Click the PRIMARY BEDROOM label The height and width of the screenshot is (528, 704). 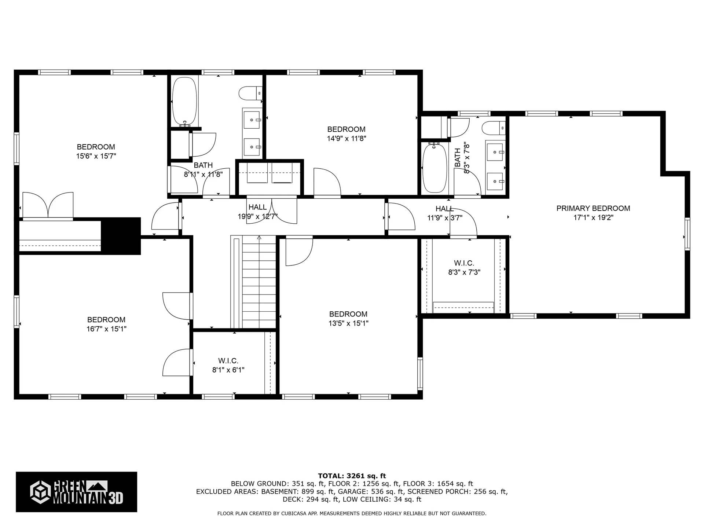coord(593,208)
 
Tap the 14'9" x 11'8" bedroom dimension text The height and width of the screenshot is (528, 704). coord(346,139)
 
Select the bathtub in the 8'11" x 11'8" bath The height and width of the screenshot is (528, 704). coord(184,101)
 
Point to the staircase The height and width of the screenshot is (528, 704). coord(258,282)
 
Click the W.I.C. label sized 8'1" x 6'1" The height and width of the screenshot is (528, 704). coord(228,361)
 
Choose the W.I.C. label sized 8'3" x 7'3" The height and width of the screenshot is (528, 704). coord(464,263)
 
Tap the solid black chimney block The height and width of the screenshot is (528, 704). coord(121,235)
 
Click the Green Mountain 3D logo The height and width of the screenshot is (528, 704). coord(76,492)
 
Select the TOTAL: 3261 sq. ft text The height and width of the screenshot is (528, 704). coord(352,476)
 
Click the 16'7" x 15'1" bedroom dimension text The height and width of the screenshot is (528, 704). coord(106,329)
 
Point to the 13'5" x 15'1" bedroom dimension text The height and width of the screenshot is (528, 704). coord(348,323)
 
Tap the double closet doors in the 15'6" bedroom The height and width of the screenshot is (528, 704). coord(48,205)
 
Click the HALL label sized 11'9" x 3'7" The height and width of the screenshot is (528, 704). coord(444,209)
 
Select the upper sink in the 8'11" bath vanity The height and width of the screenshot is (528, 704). coord(252,120)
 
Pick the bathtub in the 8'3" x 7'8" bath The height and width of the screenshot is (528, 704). coord(434,168)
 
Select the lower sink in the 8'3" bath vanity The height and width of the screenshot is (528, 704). coord(495,181)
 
